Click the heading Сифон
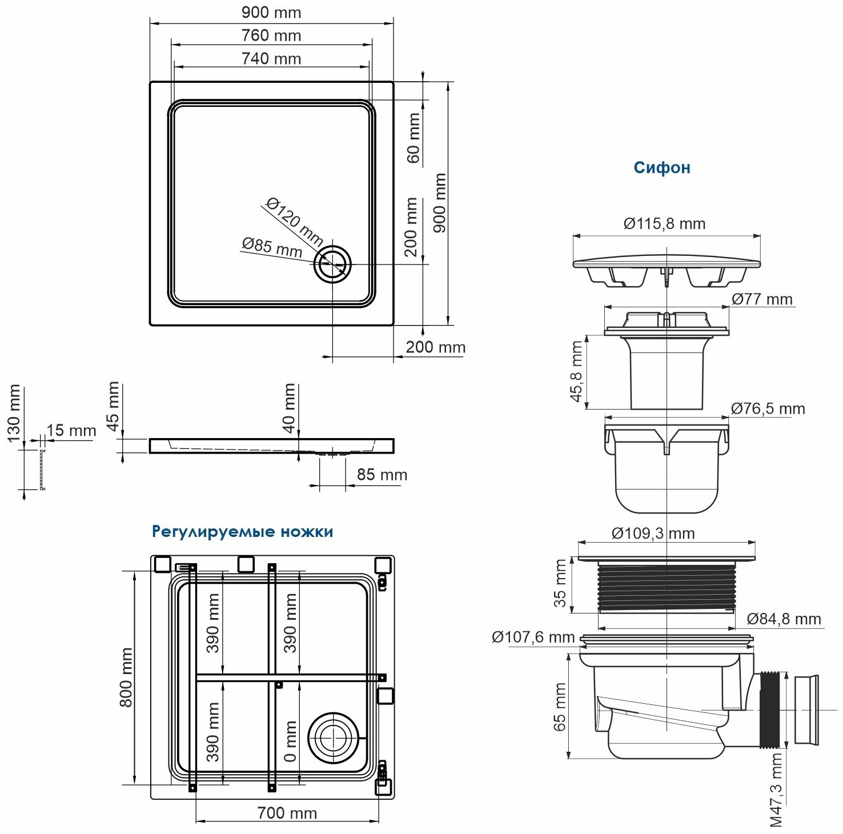pyautogui.click(x=662, y=167)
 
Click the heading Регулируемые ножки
pyautogui.click(x=242, y=532)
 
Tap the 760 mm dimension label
pyautogui.click(x=271, y=35)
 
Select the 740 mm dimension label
pyautogui.click(x=271, y=58)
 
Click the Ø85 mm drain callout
pyautogui.click(x=272, y=247)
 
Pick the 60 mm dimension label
pyautogui.click(x=414, y=137)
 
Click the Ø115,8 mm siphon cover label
pyautogui.click(x=664, y=223)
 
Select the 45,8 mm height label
pyautogui.click(x=576, y=371)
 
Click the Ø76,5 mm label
pyautogui.click(x=768, y=408)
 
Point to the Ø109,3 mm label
pyautogui.click(x=653, y=533)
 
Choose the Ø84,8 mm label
pyautogui.click(x=784, y=619)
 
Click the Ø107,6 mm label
pyautogui.click(x=533, y=637)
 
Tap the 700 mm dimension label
pyautogui.click(x=287, y=812)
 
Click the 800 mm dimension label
pyautogui.click(x=126, y=677)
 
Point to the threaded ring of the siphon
pyautogui.click(x=667, y=586)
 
